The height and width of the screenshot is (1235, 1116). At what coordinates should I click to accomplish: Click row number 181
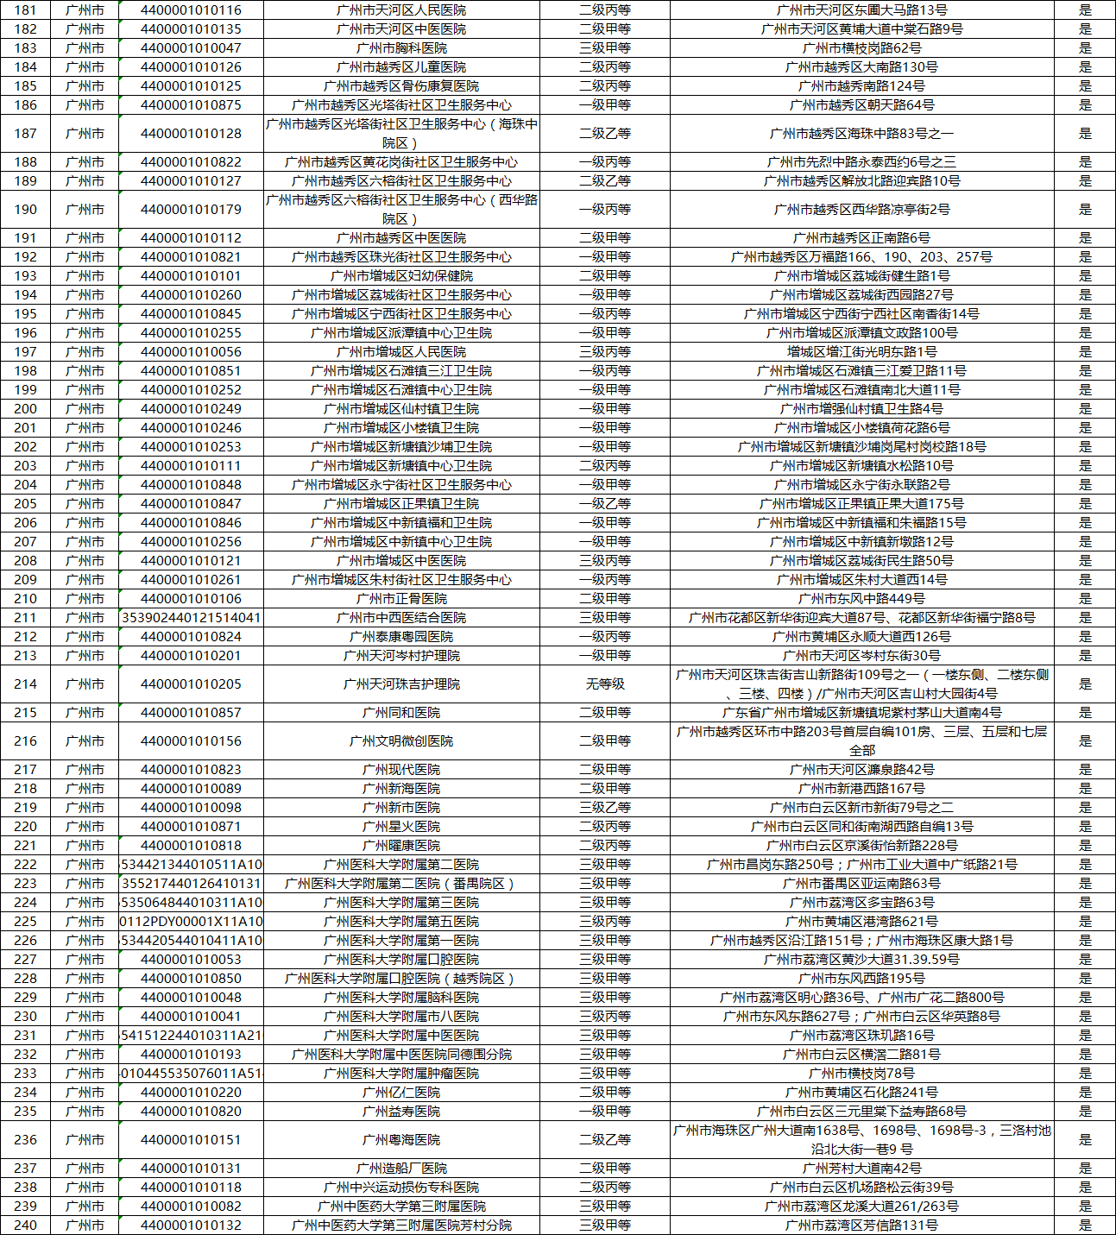coord(26,10)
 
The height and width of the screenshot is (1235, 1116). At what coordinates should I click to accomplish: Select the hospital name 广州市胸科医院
coord(401,48)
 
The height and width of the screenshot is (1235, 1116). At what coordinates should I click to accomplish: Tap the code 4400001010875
coord(191,105)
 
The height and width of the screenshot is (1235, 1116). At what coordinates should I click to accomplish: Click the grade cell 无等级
coord(604,684)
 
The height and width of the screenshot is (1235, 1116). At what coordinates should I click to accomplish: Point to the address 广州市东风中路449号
coord(861,599)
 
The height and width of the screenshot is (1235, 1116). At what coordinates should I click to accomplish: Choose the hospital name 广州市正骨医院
coord(401,599)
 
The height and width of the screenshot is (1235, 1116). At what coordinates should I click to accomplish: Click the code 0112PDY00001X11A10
coord(191,922)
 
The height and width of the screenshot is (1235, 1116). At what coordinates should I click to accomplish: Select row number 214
coord(26,684)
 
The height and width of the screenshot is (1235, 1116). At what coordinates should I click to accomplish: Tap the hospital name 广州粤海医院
coord(401,1140)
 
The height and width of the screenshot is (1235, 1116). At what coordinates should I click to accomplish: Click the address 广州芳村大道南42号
coord(861,1169)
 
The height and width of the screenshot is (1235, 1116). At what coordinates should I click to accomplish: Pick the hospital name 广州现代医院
coord(401,770)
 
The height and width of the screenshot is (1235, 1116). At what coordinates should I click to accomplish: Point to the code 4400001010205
coord(191,684)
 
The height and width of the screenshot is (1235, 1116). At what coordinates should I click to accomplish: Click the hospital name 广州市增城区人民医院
coord(401,352)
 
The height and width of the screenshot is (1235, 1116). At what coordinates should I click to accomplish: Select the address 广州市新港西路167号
coord(861,789)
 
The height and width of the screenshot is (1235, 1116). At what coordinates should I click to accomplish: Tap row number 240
coord(26,1226)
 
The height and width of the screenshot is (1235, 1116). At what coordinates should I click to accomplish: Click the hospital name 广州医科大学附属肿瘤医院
coord(401,1074)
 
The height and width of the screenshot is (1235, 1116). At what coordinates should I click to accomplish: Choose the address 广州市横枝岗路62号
coord(861,48)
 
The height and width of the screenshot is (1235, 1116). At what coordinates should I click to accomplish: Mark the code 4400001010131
coord(191,1169)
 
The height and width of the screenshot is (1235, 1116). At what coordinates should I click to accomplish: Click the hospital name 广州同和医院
coord(401,713)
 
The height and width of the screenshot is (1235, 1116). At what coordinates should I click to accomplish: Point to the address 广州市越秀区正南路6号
coord(861,238)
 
